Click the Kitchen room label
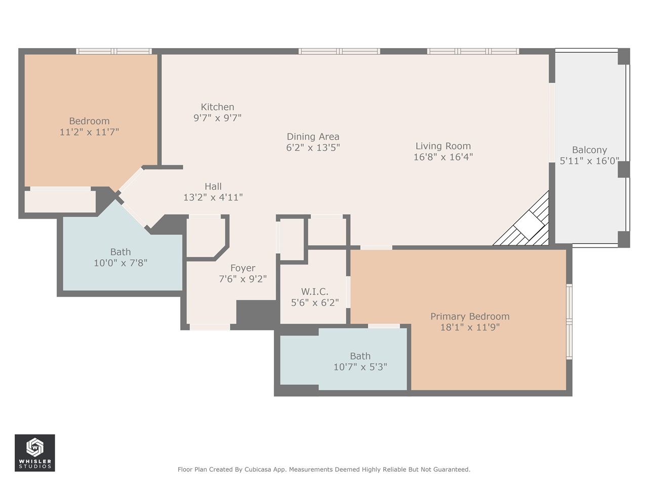point(217,107)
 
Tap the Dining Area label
point(313,137)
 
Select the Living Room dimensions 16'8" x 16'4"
point(443,157)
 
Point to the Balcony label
point(589,150)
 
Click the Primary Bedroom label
point(470,316)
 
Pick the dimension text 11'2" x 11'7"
point(89,132)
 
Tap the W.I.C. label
point(314,292)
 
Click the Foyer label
point(242,268)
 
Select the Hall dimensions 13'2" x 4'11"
point(213,197)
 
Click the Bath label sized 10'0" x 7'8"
point(120,252)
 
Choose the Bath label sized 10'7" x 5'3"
point(360,356)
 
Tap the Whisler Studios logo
point(34,453)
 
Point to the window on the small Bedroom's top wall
point(114,51)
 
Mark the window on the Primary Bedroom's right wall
point(569,321)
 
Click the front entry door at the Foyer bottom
point(210,327)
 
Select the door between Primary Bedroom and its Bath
point(384,326)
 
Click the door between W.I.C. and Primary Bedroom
point(348,291)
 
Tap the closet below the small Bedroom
point(60,200)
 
